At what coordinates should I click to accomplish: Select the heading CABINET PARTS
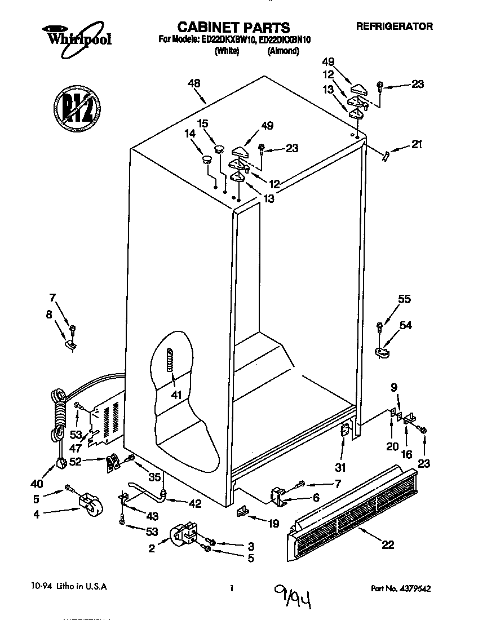click(233, 27)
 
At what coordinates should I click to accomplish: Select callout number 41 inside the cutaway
click(176, 395)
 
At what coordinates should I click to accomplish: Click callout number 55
click(404, 300)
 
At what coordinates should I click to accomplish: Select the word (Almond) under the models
click(283, 51)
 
